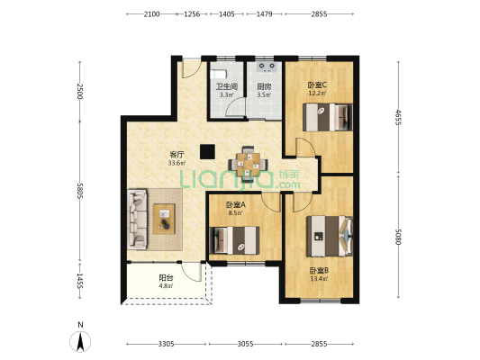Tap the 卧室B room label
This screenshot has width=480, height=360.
(x=319, y=270)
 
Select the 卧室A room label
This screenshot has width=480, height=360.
(x=235, y=204)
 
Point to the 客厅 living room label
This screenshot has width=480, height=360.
(x=177, y=155)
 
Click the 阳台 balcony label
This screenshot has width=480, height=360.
(x=166, y=278)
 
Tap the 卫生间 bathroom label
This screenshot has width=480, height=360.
(x=227, y=86)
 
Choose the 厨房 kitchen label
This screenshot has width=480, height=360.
(x=264, y=86)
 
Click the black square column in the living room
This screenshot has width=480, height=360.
(x=207, y=152)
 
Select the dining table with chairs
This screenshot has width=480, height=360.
(x=249, y=165)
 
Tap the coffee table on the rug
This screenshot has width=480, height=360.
(x=164, y=219)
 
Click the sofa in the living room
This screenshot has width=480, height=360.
(x=138, y=219)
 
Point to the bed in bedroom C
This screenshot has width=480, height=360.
(x=328, y=118)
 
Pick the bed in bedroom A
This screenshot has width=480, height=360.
(x=234, y=240)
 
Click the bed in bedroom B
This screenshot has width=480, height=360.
(x=330, y=236)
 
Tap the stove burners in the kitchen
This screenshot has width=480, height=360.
(x=267, y=67)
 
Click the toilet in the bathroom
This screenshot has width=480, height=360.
(x=218, y=75)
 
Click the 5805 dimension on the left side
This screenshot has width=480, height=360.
(x=80, y=191)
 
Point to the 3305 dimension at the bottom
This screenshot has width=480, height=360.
(x=167, y=344)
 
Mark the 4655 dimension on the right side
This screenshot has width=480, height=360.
(x=398, y=117)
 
